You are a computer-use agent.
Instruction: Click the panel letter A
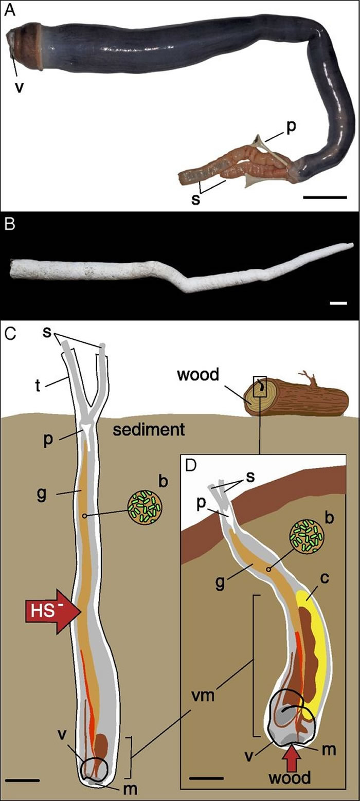pyautogui.click(x=9, y=10)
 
